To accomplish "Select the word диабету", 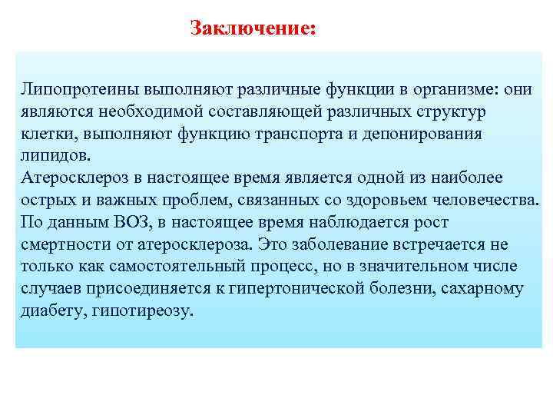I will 51,311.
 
